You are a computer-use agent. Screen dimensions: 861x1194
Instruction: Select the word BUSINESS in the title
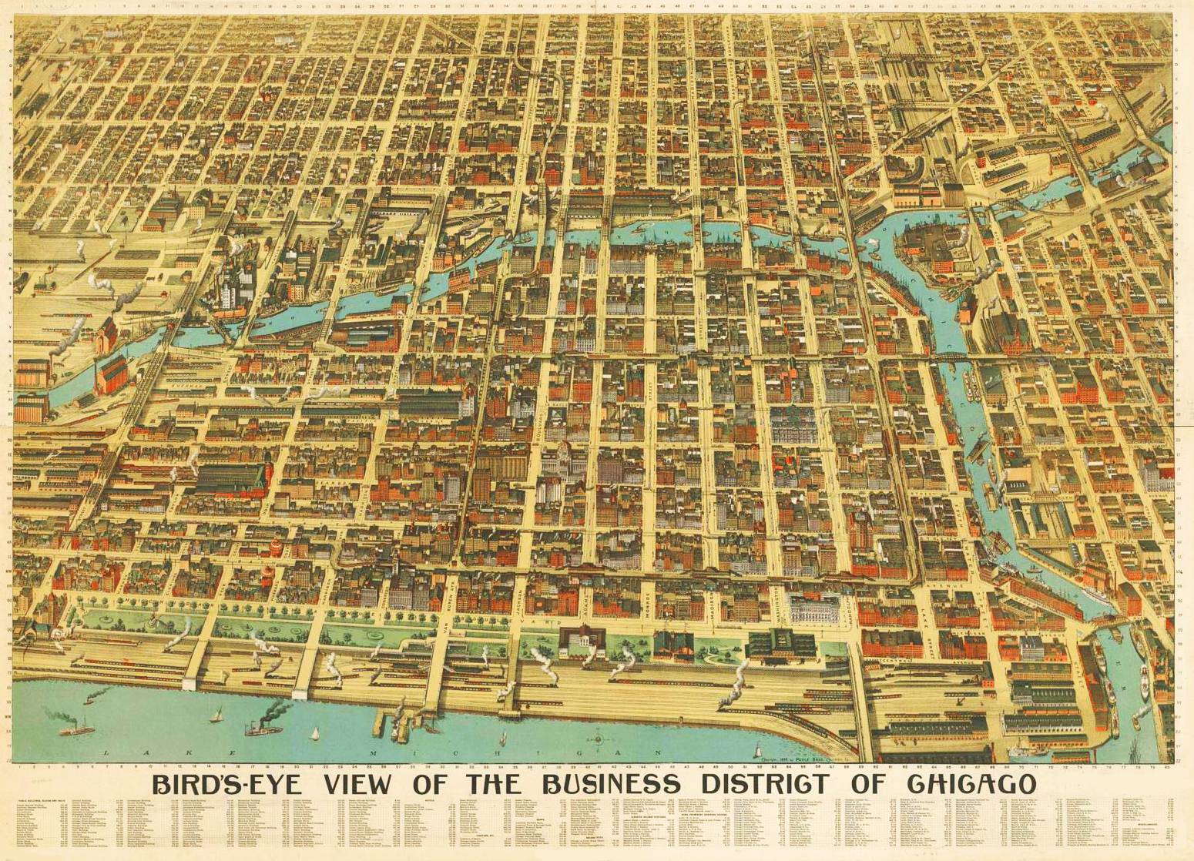coord(612,784)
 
